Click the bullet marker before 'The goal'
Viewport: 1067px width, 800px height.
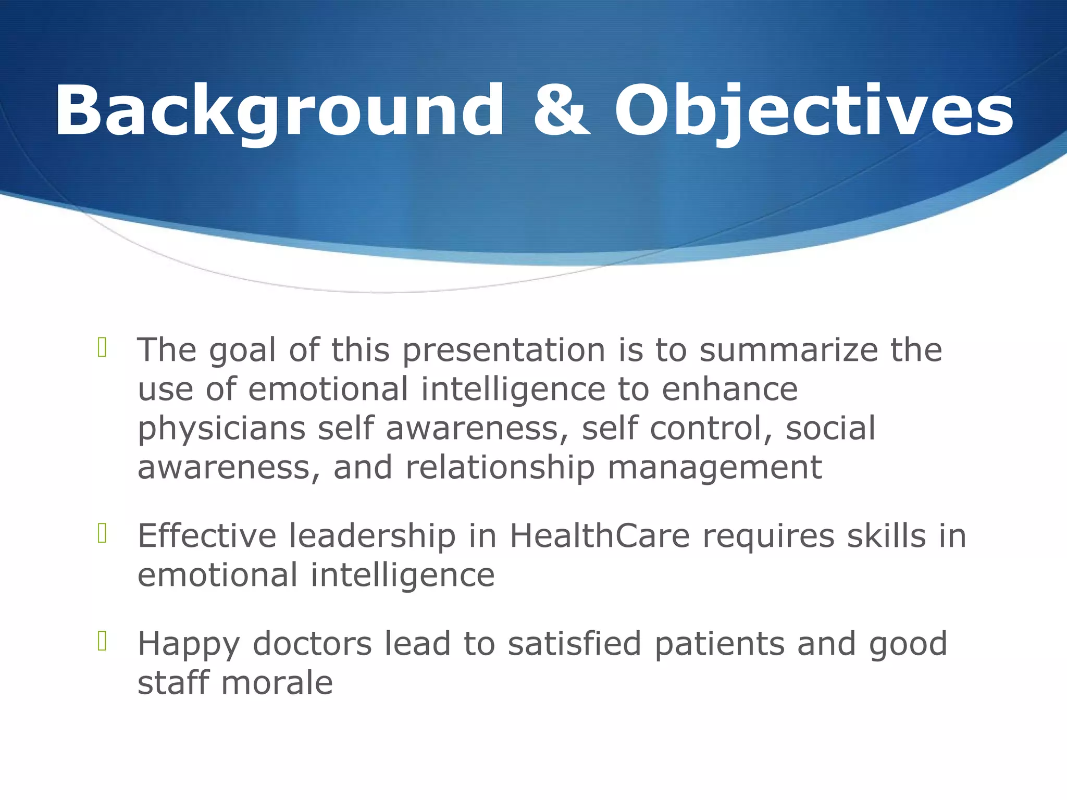tap(102, 348)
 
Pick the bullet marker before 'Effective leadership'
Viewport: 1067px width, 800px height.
tap(102, 534)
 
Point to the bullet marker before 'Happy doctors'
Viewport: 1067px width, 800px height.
tap(102, 642)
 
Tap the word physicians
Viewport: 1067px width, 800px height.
tap(221, 429)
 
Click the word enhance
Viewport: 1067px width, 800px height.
tap(729, 390)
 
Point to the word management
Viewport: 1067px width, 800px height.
tap(715, 467)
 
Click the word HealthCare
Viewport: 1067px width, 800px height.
tap(599, 536)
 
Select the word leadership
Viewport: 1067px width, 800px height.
tap(372, 536)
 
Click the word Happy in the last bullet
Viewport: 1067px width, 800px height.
tap(189, 645)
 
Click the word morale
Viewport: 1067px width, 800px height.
tap(277, 683)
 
